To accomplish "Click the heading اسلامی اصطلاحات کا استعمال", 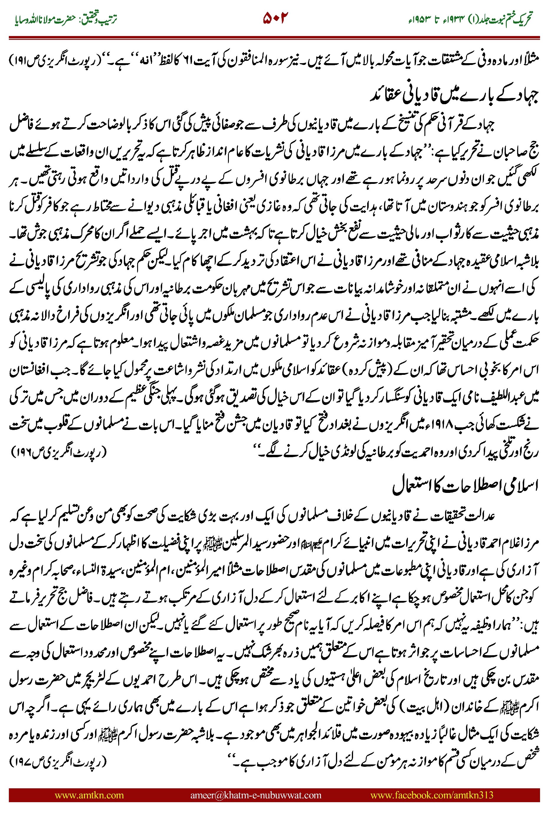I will [x=465, y=486].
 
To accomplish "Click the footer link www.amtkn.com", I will [x=89, y=795].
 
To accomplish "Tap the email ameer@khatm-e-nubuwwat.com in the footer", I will [x=255, y=795].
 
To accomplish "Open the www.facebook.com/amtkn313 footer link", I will [x=431, y=795].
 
